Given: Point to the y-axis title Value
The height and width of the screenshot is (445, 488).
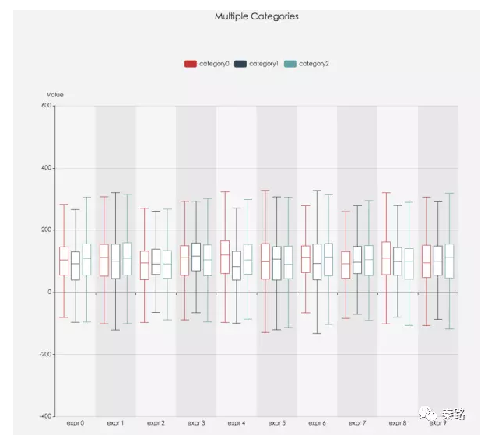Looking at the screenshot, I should click(x=55, y=95).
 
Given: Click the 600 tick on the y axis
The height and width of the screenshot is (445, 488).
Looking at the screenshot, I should click(x=46, y=106).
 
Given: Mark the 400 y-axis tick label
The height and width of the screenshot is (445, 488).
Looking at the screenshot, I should click(x=46, y=168).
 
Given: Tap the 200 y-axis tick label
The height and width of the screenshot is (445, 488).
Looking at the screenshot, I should click(x=46, y=230).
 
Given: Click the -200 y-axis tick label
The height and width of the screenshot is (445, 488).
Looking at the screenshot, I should click(x=44, y=354).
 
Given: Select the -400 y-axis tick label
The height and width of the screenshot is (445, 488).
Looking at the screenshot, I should click(x=44, y=416).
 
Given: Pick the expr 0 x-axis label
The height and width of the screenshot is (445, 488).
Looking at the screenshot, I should click(x=75, y=423).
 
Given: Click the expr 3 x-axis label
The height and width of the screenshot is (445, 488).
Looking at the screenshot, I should click(x=196, y=423).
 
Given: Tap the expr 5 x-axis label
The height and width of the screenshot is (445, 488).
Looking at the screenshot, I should click(x=276, y=423).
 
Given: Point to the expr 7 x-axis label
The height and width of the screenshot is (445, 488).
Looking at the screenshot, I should click(x=357, y=423).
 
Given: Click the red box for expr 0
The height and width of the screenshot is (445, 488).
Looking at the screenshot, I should click(x=64, y=261).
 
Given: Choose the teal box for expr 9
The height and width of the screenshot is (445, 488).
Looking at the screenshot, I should click(x=449, y=261).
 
